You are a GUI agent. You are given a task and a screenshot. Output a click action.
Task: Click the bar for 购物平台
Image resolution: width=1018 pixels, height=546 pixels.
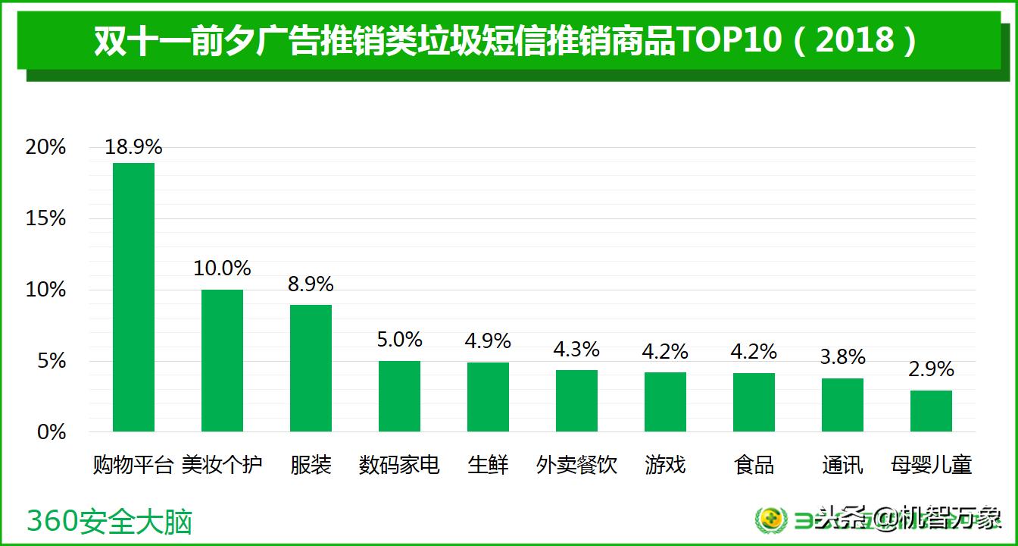click(x=133, y=297)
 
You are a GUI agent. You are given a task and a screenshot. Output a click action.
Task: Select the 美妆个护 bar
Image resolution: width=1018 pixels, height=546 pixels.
click(x=222, y=360)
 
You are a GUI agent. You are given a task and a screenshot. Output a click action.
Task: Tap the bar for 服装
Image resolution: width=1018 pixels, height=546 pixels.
click(x=311, y=368)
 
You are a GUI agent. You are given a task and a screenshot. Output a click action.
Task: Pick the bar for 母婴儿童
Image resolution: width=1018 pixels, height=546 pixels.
click(x=931, y=411)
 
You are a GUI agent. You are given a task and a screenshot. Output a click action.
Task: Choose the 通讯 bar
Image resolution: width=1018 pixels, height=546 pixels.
click(x=842, y=404)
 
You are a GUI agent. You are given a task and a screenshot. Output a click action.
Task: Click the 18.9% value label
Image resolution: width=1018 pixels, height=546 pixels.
click(x=133, y=148)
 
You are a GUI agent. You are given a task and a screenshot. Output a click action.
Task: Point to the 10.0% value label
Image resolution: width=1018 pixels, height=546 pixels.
click(x=222, y=268)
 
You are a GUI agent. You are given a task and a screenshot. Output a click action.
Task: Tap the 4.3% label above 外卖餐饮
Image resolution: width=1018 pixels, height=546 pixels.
click(x=576, y=350)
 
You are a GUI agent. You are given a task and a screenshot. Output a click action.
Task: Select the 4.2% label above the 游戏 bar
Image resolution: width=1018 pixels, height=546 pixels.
click(x=665, y=352)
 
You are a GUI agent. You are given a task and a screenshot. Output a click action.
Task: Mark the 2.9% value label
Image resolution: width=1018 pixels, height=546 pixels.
click(x=931, y=369)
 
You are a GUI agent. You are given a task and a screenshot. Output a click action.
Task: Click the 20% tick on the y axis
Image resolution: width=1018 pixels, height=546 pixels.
click(x=46, y=148)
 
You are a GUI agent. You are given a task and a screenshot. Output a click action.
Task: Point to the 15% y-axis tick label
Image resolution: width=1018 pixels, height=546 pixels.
click(x=46, y=219)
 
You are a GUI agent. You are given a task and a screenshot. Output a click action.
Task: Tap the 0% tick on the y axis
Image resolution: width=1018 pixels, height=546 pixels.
click(x=52, y=432)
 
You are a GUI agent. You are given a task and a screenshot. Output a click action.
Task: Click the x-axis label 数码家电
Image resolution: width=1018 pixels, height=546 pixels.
click(x=399, y=465)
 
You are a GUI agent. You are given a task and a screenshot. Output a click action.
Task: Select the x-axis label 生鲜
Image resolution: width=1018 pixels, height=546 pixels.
click(x=488, y=465)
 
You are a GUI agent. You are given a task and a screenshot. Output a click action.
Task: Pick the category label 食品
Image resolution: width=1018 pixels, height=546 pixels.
click(x=754, y=465)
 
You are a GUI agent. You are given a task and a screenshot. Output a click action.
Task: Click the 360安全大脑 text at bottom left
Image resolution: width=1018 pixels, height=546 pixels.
click(x=109, y=522)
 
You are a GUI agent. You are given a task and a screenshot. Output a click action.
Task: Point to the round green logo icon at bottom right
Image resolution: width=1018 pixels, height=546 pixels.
click(x=771, y=520)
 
